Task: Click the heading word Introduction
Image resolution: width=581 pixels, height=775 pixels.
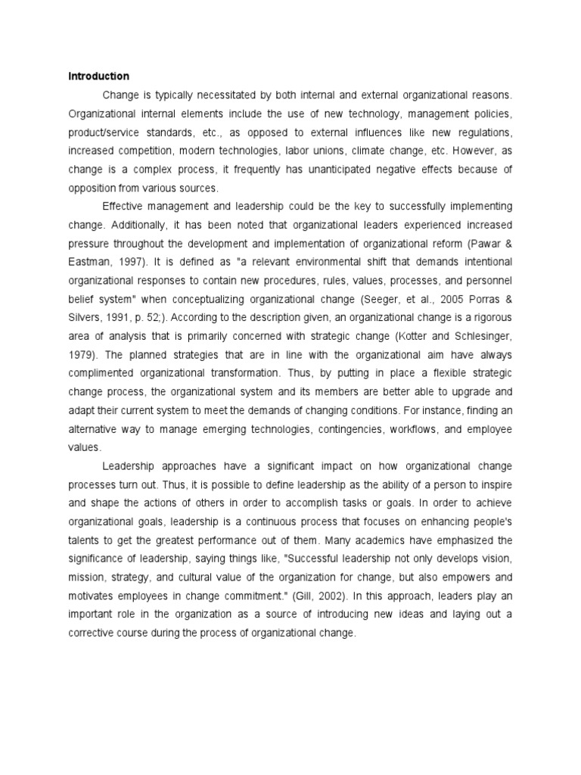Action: (x=99, y=76)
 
